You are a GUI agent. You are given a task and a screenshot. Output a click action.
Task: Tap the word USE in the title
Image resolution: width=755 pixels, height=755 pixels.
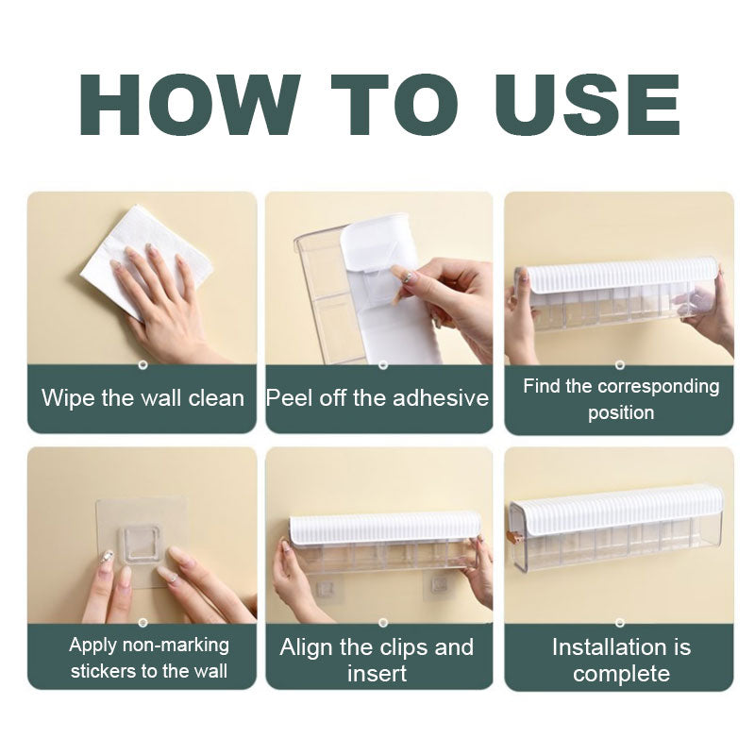tap(587, 105)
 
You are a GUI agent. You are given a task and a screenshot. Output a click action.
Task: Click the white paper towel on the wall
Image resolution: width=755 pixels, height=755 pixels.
tap(144, 260)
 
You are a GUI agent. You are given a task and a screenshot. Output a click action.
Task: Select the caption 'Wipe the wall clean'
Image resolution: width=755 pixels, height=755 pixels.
tap(143, 398)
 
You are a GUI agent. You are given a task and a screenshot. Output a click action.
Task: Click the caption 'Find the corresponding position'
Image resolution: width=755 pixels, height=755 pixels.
tap(621, 399)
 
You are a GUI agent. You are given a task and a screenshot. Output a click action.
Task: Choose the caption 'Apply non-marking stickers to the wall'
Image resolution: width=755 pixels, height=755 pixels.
tap(149, 657)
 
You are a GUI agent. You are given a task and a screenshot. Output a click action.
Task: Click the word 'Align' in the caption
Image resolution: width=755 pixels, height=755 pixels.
tap(306, 647)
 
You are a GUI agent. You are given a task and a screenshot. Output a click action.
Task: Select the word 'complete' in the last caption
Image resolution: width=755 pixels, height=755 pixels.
tap(621, 673)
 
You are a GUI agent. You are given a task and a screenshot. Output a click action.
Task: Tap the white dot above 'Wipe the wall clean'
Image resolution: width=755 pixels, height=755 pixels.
tap(143, 365)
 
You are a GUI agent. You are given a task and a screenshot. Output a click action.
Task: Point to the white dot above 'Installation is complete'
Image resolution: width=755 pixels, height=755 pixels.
tap(620, 623)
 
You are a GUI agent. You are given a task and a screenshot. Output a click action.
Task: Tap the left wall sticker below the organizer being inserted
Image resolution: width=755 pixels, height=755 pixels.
tap(326, 587)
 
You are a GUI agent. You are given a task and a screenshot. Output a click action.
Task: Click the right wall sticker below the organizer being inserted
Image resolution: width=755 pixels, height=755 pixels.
tap(437, 586)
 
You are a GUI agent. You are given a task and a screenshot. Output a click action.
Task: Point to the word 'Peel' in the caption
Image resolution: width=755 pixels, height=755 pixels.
tap(289, 398)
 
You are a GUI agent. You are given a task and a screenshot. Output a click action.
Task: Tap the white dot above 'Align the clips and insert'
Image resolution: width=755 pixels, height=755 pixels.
tap(383, 623)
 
